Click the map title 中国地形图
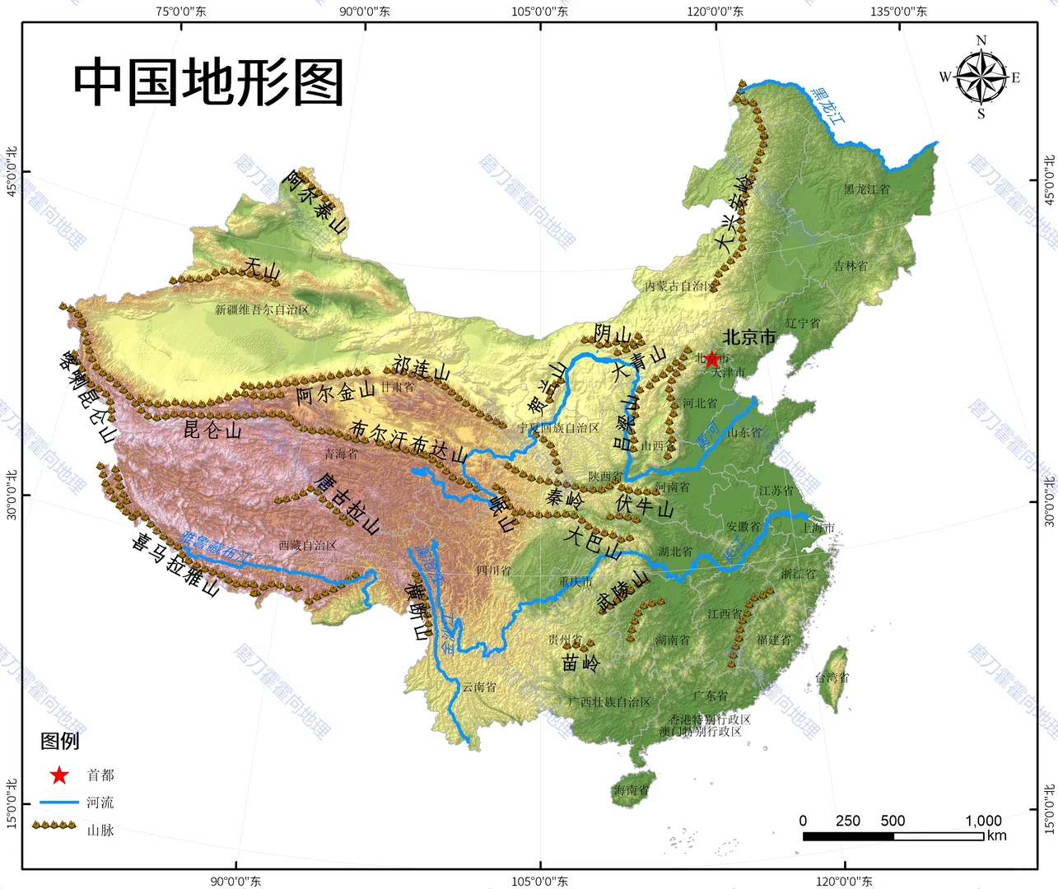pyautogui.click(x=208, y=82)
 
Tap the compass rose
pyautogui.click(x=981, y=77)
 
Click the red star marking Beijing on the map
pyautogui.click(x=711, y=359)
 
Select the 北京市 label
pyautogui.click(x=749, y=337)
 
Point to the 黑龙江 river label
pyautogui.click(x=827, y=106)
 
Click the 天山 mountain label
pyautogui.click(x=262, y=268)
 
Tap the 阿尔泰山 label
pyautogui.click(x=315, y=201)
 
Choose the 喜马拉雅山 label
pyautogui.click(x=175, y=564)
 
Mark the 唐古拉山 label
pyautogui.click(x=347, y=503)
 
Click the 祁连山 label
pyautogui.click(x=422, y=368)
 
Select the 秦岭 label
pyautogui.click(x=565, y=498)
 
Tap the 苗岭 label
pyautogui.click(x=581, y=662)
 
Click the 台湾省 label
pyautogui.click(x=832, y=677)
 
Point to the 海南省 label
pyautogui.click(x=631, y=790)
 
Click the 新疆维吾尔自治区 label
pyautogui.click(x=262, y=310)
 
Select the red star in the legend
pyautogui.click(x=59, y=775)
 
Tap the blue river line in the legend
pyautogui.click(x=59, y=802)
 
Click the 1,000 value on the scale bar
pyautogui.click(x=983, y=821)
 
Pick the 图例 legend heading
pyautogui.click(x=60, y=741)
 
